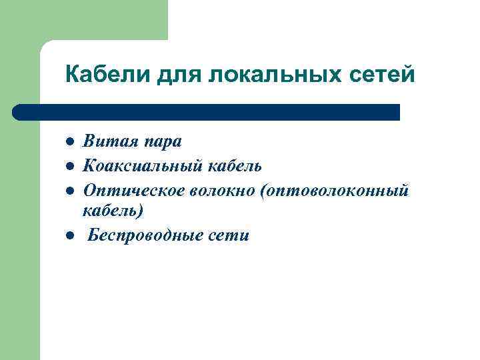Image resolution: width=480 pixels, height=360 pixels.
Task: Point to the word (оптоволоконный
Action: (x=336, y=190)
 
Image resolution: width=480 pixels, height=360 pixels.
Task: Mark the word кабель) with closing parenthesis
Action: (x=113, y=211)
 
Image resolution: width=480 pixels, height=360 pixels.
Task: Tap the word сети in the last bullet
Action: (x=228, y=235)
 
